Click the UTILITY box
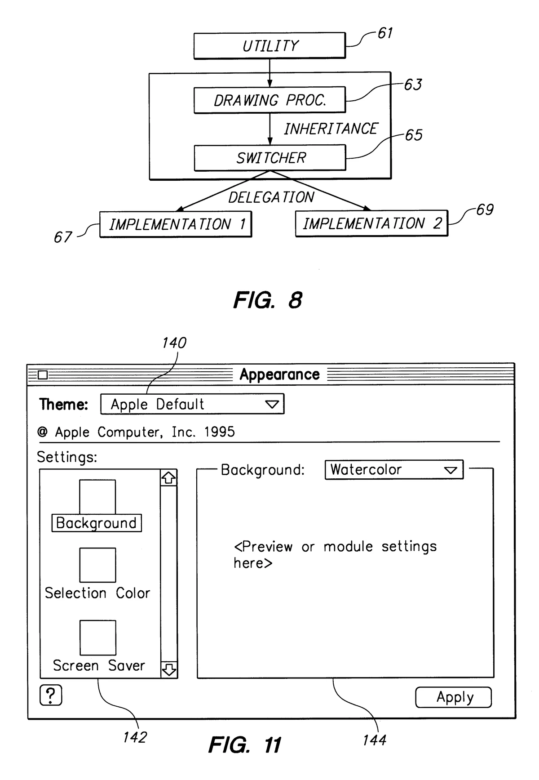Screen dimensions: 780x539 pyautogui.click(x=269, y=45)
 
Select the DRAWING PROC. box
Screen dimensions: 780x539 pyautogui.click(x=269, y=100)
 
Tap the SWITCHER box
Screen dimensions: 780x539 pyautogui.click(x=270, y=158)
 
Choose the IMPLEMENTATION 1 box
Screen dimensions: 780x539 pyautogui.click(x=176, y=224)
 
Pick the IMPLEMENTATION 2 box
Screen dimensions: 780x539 pyautogui.click(x=371, y=223)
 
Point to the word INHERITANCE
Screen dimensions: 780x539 pyautogui.click(x=331, y=129)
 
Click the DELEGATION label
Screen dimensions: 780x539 pyautogui.click(x=271, y=197)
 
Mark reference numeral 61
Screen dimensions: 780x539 pyautogui.click(x=385, y=33)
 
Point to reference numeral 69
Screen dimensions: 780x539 pyautogui.click(x=485, y=210)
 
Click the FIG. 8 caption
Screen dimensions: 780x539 pyautogui.click(x=268, y=300)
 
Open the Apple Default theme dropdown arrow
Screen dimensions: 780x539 pyautogui.click(x=272, y=404)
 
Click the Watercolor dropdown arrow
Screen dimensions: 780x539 pyautogui.click(x=450, y=470)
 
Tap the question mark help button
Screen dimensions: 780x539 pyautogui.click(x=51, y=695)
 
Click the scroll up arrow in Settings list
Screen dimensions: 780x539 pyautogui.click(x=168, y=478)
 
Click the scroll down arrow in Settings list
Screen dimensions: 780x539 pyautogui.click(x=168, y=669)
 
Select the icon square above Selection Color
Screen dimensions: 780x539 pyautogui.click(x=97, y=565)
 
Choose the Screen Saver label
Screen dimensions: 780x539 pyautogui.click(x=99, y=665)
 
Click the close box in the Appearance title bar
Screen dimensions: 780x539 pyautogui.click(x=43, y=374)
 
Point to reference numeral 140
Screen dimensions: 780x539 pyautogui.click(x=174, y=343)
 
